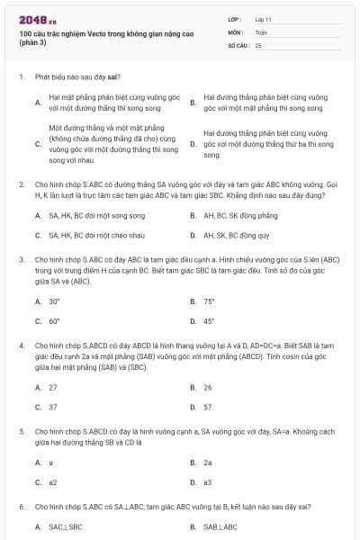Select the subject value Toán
261,31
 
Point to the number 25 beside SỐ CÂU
258,44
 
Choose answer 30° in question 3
55,301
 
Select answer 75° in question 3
209,301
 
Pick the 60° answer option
55,320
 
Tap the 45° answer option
209,320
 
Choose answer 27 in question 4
53,387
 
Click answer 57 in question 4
208,407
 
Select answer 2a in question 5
208,462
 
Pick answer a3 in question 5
208,481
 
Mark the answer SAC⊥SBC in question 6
65,526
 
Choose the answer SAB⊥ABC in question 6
220,526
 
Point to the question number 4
21,345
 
